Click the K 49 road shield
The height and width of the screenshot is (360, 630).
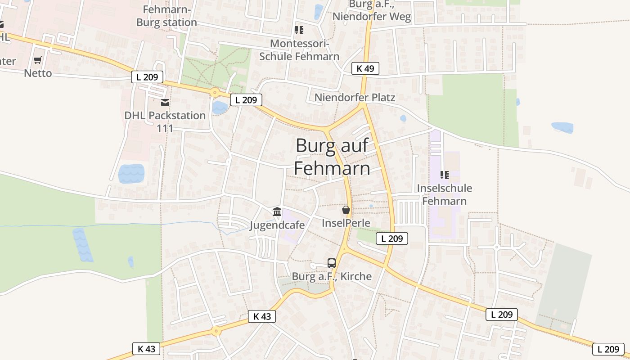click(365, 68)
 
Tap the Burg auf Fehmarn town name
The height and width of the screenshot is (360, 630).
click(332, 157)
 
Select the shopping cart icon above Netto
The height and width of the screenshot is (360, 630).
click(38, 60)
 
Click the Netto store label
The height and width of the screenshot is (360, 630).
click(38, 73)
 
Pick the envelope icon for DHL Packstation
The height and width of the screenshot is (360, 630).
click(165, 103)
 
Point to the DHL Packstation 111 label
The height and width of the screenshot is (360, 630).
click(165, 121)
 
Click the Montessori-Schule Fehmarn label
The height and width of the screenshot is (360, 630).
click(299, 50)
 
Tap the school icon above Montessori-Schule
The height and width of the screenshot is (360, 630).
click(299, 30)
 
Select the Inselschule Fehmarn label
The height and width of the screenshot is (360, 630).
click(445, 194)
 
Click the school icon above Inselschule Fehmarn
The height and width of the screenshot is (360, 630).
click(445, 175)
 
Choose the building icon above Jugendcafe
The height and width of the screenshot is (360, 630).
click(277, 211)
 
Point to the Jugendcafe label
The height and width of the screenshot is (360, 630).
click(277, 225)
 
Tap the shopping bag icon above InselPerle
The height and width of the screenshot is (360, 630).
click(346, 210)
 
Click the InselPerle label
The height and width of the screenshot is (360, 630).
click(346, 223)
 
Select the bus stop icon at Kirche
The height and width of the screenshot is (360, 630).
click(332, 263)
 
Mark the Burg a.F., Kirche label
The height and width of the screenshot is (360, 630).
click(332, 276)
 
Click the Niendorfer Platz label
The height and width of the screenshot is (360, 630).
click(355, 98)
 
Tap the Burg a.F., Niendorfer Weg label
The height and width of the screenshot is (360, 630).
click(372, 11)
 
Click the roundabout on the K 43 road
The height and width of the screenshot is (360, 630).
click(216, 331)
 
